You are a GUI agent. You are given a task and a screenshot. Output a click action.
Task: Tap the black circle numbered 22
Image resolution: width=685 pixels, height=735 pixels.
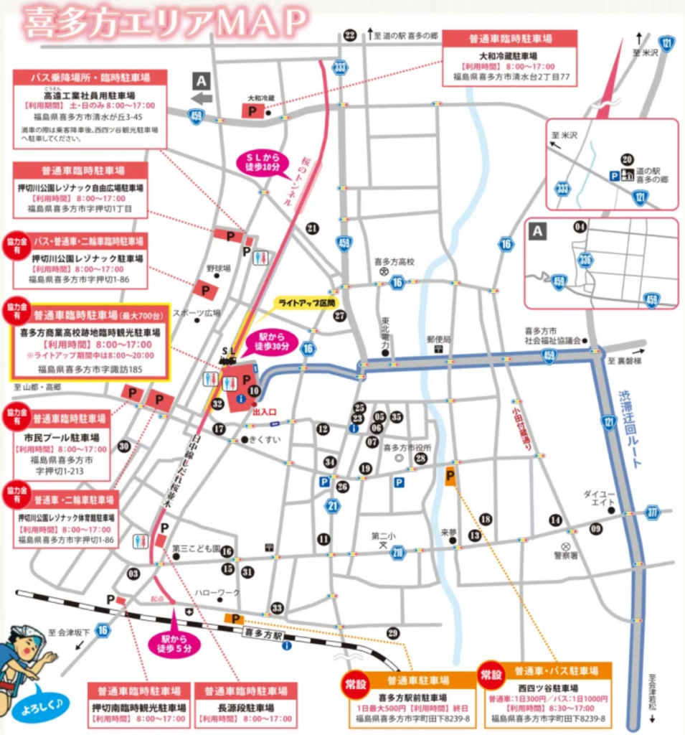click(350, 35)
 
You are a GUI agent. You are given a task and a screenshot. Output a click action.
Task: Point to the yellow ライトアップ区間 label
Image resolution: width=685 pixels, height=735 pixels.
click(307, 303)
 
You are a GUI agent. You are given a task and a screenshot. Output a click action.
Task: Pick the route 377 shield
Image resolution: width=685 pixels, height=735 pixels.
click(652, 512)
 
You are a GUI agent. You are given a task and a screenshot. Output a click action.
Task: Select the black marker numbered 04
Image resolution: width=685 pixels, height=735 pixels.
click(580, 227)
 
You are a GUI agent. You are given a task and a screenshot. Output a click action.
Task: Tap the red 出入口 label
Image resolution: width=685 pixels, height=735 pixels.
click(263, 413)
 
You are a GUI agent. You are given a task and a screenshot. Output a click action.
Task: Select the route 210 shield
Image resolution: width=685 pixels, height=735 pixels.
click(399, 552)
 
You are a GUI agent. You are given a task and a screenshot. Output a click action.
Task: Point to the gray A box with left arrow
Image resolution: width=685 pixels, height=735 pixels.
click(202, 89)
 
